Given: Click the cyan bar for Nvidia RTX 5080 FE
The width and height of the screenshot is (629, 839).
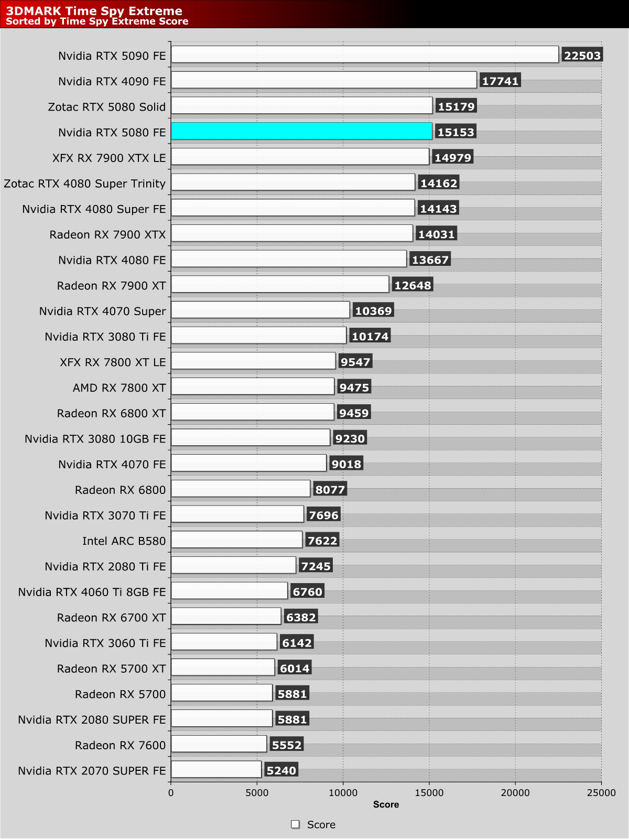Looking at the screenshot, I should pos(301,131).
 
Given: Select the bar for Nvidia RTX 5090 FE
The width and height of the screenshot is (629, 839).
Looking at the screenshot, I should pos(364,55).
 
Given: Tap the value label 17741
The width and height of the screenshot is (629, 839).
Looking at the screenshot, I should pos(500,81).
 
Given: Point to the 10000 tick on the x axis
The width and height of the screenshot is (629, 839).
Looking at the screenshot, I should pos(343,793).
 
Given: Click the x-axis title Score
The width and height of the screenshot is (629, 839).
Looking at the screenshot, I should pos(386,804).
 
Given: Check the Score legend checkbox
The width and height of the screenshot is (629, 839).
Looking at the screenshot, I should pos(295,824).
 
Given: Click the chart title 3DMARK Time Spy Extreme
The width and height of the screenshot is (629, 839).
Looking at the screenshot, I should pos(94,10).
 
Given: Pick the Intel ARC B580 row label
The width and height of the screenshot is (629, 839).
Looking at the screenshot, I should pos(124,541).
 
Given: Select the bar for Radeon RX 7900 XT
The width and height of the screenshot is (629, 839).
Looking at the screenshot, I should pos(280,284).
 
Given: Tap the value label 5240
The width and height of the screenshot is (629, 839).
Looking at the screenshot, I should pos(281,770).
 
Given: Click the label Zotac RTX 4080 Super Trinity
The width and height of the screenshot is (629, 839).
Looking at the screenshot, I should pos(84,184).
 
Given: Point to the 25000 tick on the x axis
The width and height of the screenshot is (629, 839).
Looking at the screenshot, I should pos(601,793).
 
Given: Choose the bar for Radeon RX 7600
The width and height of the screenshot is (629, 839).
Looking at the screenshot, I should pos(219,744).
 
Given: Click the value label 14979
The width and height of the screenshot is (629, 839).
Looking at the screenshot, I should pos(453,157).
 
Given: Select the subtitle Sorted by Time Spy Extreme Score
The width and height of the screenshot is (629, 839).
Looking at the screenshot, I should pos(97,21).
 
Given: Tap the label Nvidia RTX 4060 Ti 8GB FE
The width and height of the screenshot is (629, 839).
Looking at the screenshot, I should pos(92,592).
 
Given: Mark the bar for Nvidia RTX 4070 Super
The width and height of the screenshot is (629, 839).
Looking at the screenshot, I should pos(260,310).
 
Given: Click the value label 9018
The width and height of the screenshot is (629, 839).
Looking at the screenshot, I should pos(346,464).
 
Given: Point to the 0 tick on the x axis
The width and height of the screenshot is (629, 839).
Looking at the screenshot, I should pos(171,793).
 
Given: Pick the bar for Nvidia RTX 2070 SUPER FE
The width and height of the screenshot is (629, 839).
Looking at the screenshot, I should pos(216,769).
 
